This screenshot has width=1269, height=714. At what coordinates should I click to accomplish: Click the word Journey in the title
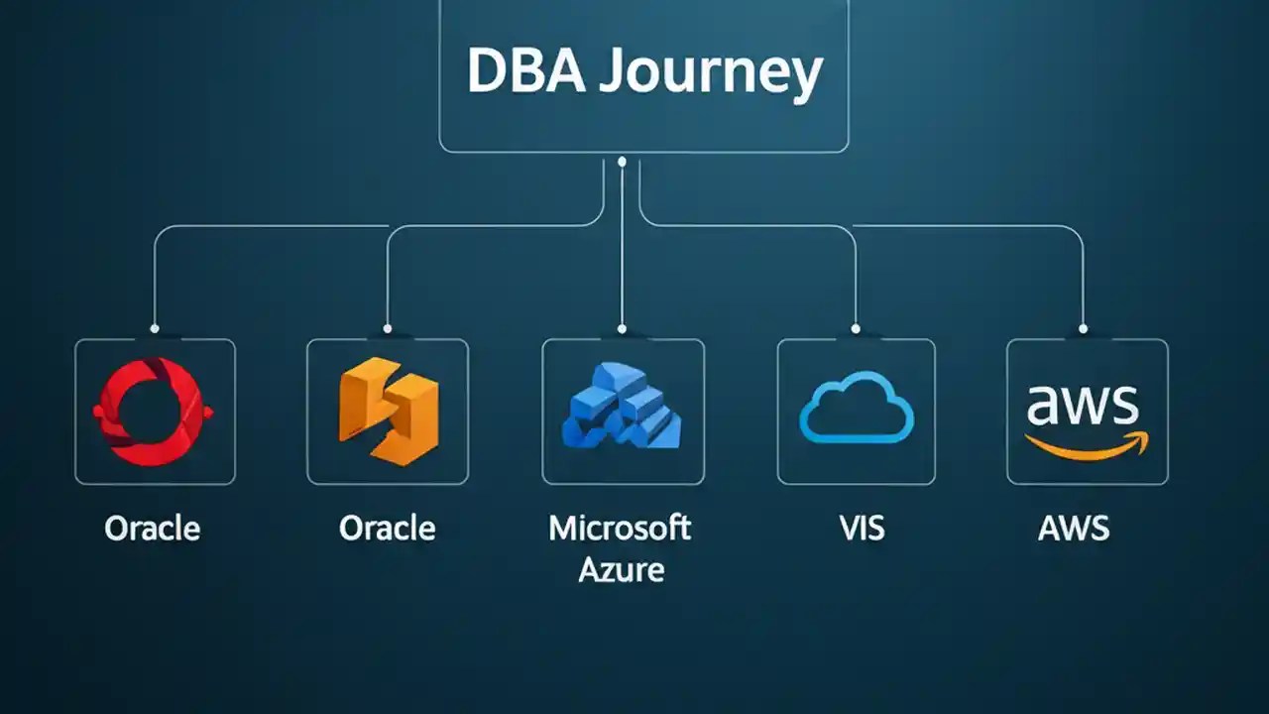711,74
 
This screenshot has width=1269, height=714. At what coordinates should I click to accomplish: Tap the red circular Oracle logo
154,412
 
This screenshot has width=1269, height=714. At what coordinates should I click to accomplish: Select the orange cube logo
388,412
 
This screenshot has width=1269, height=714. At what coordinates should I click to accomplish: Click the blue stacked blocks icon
622,410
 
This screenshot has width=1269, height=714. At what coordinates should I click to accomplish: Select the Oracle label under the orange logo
387,528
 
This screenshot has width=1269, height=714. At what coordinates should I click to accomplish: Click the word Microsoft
620,527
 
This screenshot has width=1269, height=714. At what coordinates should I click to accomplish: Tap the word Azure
621,569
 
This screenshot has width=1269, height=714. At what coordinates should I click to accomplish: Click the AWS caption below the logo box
1074,528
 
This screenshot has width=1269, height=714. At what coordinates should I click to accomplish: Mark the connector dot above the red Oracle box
154,328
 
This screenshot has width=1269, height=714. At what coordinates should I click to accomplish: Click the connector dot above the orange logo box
387,328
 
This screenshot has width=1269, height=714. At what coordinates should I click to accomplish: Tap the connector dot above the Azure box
622,328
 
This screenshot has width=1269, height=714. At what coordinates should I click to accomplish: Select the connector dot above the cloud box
855,328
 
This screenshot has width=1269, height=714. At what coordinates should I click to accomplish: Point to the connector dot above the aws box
1083,328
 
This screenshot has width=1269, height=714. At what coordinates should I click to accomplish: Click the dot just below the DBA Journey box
622,161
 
